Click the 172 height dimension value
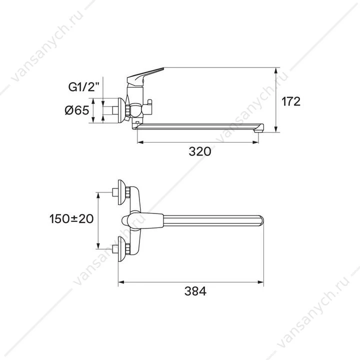pos(291,101)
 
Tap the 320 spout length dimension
pos(199,151)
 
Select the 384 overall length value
pos(195,291)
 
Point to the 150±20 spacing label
pos(71,218)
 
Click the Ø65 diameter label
pos(76,110)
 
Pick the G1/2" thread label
pos(84,87)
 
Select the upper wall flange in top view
pos(121,192)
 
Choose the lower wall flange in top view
pos(121,249)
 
